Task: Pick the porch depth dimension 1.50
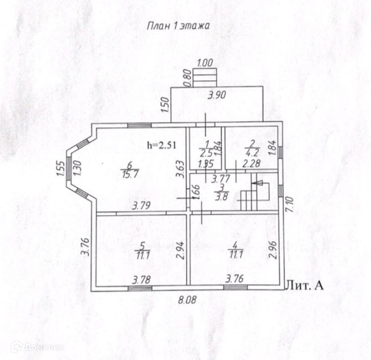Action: [166, 105]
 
